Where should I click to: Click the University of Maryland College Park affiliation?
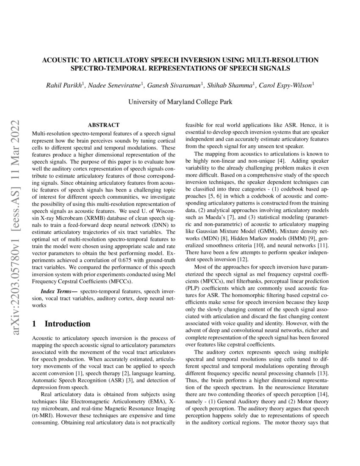coord(180,102)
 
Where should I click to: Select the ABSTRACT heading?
coord(103,125)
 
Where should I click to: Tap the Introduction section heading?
coord(67,324)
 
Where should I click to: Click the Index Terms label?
coord(59,292)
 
